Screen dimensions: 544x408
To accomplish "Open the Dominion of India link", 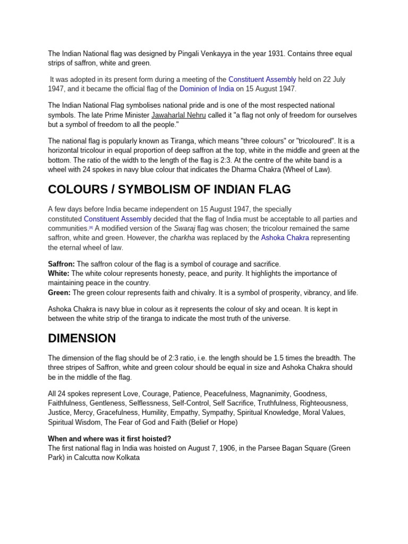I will click(206, 89).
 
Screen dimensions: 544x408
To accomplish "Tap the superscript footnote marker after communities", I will click(91, 227).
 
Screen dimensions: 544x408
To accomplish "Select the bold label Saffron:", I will click(62, 264).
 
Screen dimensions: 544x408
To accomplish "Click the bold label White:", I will click(58, 274).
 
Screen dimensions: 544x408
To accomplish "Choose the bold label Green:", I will click(59, 293).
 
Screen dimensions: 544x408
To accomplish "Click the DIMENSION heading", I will click(82, 338).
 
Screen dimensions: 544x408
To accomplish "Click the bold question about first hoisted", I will click(109, 439).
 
